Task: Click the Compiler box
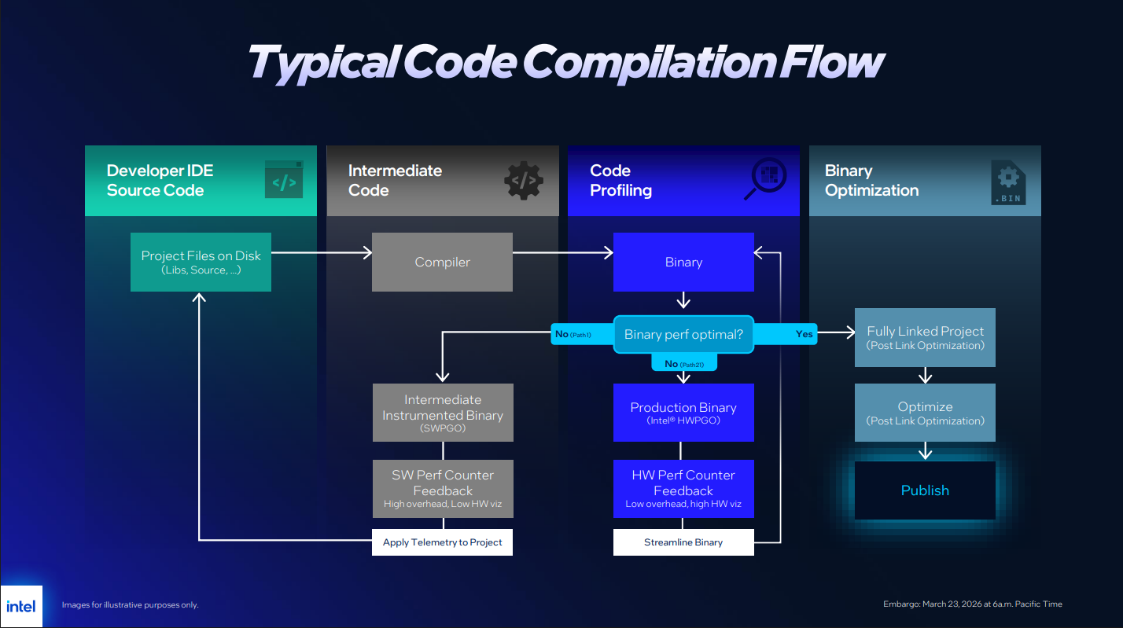(x=442, y=262)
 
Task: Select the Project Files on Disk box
(x=201, y=262)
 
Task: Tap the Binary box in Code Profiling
(x=683, y=262)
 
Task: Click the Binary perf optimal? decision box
(x=683, y=334)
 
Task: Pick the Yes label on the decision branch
(x=805, y=334)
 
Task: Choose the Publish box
(x=925, y=490)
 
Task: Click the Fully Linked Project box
(x=925, y=337)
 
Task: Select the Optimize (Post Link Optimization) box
(x=925, y=413)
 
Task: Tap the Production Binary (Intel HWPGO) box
(x=683, y=413)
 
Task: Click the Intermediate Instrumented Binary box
(x=442, y=413)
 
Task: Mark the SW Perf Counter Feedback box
(x=442, y=489)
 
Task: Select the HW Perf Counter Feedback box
(x=683, y=489)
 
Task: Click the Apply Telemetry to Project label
(x=442, y=542)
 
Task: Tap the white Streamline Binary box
(x=683, y=542)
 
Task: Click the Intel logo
(x=21, y=606)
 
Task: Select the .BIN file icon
(x=1007, y=182)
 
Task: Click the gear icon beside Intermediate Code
(x=524, y=181)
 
